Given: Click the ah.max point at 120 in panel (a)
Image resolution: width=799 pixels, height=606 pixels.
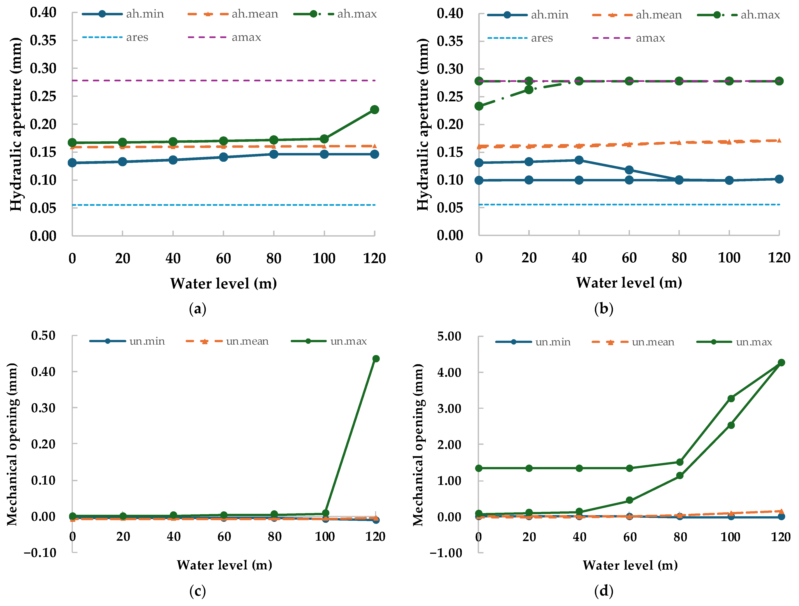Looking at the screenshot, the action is tap(374, 109).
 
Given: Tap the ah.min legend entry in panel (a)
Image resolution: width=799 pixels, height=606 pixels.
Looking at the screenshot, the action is tap(123, 14).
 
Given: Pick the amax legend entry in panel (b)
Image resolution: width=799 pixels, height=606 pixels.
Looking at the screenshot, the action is tap(628, 38).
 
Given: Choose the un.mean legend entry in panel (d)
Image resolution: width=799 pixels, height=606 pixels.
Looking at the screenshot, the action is tap(633, 342).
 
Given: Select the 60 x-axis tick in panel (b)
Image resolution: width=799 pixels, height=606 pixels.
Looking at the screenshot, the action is tap(629, 257).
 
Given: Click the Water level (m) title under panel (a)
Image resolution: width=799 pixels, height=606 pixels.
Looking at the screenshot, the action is tap(224, 283).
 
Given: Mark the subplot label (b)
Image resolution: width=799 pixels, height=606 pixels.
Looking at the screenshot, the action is tap(604, 309).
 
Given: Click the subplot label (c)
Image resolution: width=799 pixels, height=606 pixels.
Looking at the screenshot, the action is tap(198, 591).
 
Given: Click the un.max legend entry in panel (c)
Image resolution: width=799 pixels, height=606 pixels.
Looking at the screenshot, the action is tap(329, 341).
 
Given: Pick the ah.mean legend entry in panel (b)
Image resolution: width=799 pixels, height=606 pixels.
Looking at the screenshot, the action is tap(637, 15).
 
